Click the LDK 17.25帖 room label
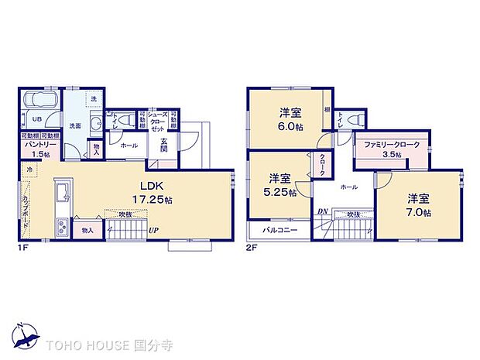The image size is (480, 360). pyautogui.click(x=156, y=192)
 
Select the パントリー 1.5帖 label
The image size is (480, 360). pyautogui.click(x=36, y=149)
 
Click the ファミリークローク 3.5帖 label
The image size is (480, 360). pyautogui.click(x=390, y=149)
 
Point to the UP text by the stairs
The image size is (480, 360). pyautogui.click(x=154, y=230)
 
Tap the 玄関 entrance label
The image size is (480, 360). pyautogui.click(x=165, y=144)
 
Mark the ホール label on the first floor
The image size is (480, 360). pyautogui.click(x=129, y=145)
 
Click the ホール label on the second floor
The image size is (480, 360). pyautogui.click(x=348, y=187)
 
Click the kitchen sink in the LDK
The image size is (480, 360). pyautogui.click(x=63, y=190)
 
